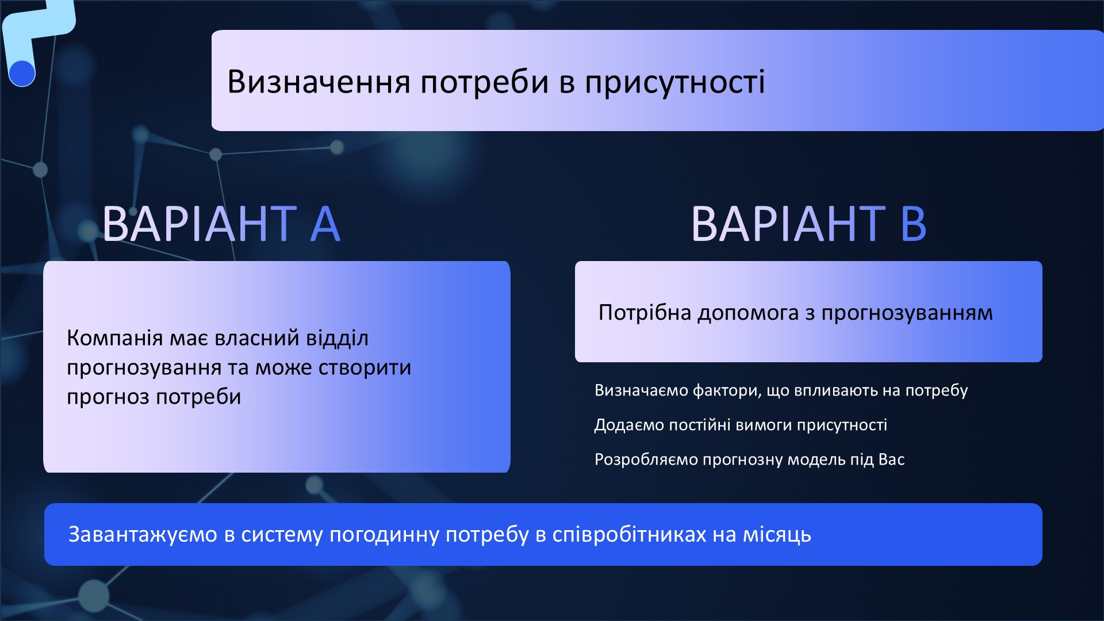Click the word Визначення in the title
(x=319, y=82)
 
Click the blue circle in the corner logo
(x=22, y=74)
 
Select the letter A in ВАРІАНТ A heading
(x=325, y=224)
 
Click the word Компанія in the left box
(x=114, y=338)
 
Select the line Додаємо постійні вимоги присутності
(x=741, y=425)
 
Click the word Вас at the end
(x=891, y=459)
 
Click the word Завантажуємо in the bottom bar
(x=143, y=535)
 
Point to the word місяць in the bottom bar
(x=777, y=535)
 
